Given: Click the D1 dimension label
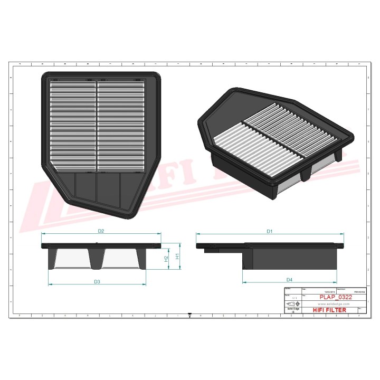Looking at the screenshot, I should click(269, 231).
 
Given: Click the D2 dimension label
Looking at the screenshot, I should click(101, 231).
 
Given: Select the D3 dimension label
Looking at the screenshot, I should click(97, 281).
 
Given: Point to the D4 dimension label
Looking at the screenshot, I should click(289, 279).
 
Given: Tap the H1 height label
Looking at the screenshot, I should click(178, 256).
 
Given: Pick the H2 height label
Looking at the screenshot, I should click(166, 259).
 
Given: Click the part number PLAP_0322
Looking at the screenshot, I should click(336, 298).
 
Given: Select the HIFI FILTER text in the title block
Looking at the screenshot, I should click(330, 310).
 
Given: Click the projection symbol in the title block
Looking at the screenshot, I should click(291, 305).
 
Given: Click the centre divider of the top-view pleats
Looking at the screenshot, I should click(97, 126).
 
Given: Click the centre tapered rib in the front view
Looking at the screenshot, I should click(97, 258).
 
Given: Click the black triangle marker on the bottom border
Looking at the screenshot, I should click(189, 316).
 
